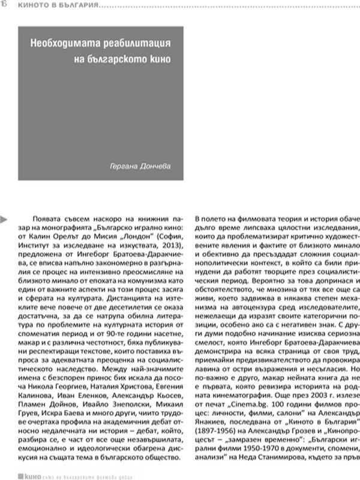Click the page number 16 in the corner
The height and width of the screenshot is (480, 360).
4,5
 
